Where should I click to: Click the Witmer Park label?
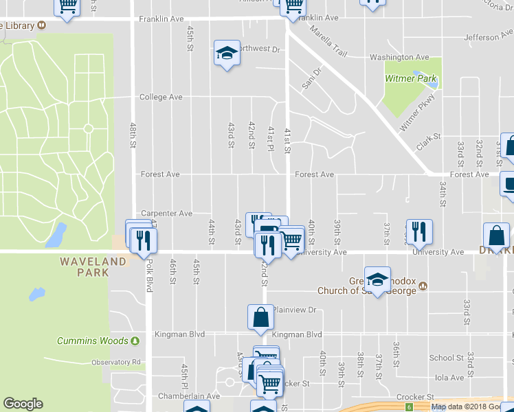coord(411,78)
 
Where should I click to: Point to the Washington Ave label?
coord(399,57)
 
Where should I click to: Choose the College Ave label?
coord(161,97)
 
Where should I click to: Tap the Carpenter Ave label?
coord(166,214)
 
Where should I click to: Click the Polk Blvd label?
coord(149,275)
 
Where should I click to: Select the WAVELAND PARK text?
coord(93,266)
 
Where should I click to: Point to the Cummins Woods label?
coord(93,341)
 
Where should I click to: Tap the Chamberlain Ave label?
coord(188,396)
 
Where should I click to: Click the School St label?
coord(446,358)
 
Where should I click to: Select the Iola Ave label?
coord(449,377)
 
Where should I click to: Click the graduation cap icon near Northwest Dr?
coord(225,53)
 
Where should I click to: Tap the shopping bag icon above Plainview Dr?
coord(260,317)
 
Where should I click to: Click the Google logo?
coord(23,404)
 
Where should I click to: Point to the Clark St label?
coord(428,143)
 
